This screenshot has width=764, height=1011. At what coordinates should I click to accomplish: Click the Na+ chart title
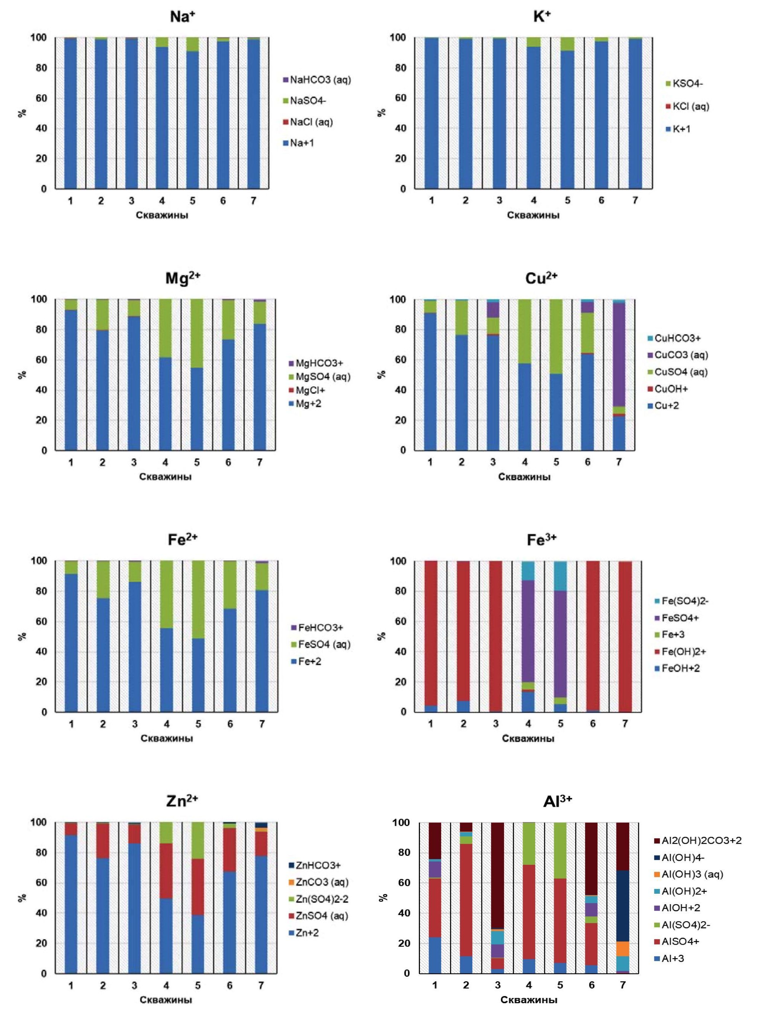(182, 17)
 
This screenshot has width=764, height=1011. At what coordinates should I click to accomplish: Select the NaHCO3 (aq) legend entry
(320, 80)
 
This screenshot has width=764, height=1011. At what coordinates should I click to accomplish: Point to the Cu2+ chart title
(541, 278)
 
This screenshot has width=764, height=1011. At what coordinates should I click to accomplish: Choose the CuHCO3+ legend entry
(677, 338)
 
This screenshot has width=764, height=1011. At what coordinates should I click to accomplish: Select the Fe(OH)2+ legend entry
(683, 651)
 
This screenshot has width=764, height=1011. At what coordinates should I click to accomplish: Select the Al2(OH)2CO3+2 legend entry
(701, 841)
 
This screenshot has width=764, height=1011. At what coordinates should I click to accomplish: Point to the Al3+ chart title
(557, 801)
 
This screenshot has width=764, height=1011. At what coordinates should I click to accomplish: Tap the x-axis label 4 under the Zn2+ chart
(166, 985)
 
